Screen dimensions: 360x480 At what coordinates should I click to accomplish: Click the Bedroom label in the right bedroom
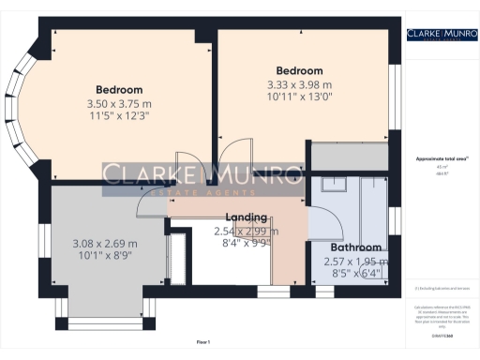coord(299,70)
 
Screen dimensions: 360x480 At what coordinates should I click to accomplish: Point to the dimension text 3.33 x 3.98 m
coord(299,83)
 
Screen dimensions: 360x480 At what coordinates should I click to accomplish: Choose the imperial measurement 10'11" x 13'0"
coord(299,97)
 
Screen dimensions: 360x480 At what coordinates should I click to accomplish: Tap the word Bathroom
coord(354,248)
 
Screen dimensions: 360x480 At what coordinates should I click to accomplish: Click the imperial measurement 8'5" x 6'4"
coord(352,275)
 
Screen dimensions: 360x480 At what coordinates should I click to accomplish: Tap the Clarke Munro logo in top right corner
coord(437,36)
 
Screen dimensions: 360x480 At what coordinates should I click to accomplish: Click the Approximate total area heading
coord(436,159)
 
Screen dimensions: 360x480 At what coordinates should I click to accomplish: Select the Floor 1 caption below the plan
coord(203,342)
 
